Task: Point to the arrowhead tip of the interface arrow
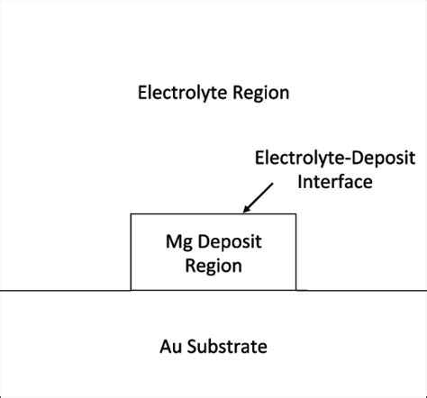click(242, 212)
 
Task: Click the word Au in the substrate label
click(170, 346)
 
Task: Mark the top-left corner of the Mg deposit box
click(132, 214)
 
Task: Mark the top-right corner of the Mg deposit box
click(295, 214)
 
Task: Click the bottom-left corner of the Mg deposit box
click(132, 290)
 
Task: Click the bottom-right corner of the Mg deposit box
click(295, 290)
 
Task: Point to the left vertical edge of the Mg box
click(132, 252)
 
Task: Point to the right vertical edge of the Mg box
click(295, 252)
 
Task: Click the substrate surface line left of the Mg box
click(63, 290)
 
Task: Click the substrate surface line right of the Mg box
click(360, 290)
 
